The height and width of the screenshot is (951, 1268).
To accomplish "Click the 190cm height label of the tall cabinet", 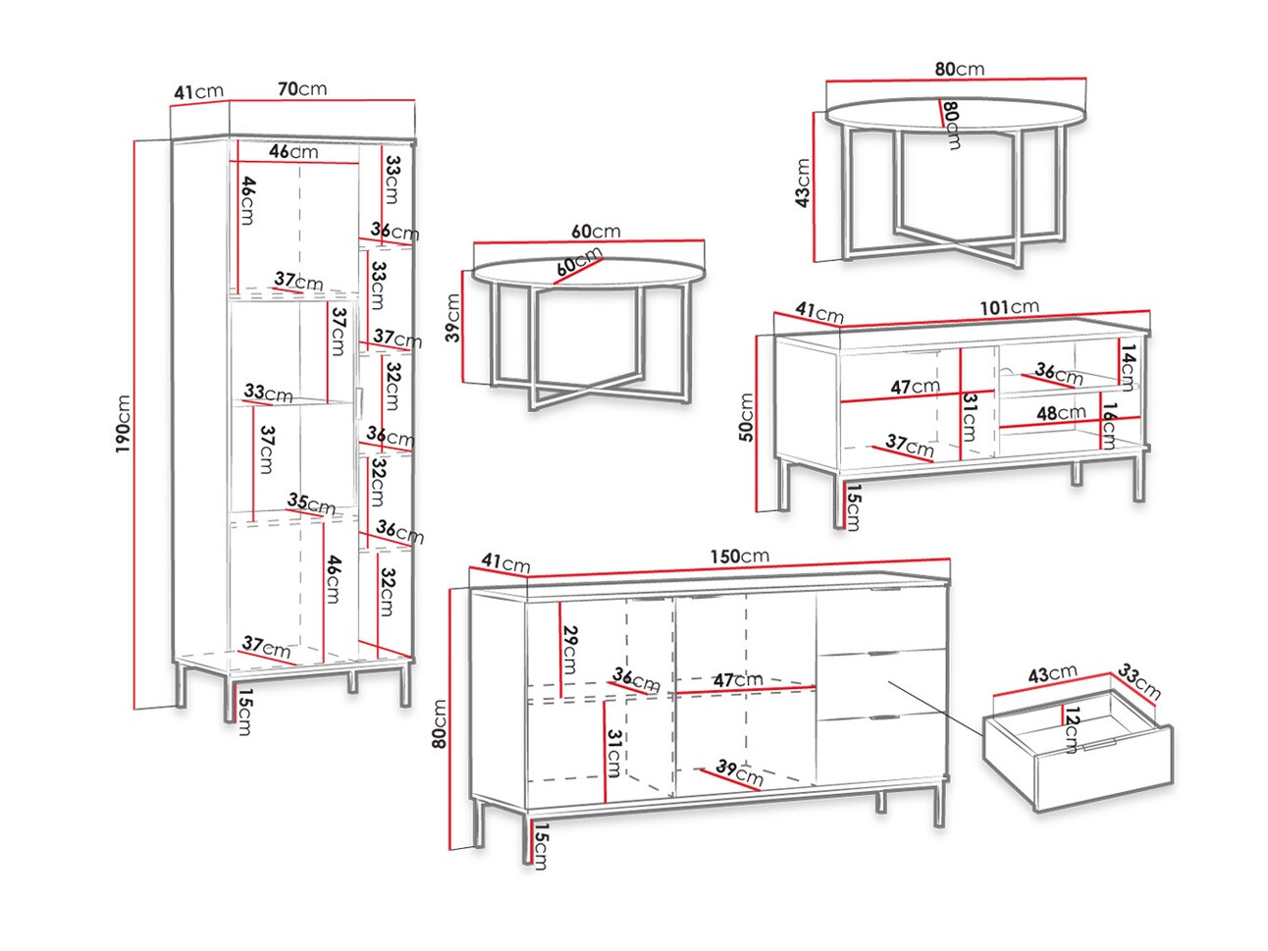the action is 123,424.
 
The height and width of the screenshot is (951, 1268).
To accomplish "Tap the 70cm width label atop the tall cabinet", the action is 302,89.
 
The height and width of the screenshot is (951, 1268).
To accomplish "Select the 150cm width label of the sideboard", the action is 739,556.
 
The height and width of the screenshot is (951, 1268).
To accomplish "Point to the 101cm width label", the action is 1009,307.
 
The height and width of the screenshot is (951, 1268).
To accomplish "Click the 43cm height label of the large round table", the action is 803,184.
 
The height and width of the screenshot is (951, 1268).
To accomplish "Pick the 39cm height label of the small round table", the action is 452,318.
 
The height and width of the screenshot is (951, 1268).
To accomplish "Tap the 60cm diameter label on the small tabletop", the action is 579,262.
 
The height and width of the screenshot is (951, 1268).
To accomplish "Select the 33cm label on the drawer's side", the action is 1138,682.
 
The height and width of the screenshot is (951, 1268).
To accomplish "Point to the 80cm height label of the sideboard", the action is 440,724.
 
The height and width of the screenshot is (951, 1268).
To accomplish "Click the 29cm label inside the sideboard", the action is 569,650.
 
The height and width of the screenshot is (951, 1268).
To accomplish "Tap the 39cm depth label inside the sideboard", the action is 739,772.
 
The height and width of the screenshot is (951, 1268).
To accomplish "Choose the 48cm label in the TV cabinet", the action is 1061,413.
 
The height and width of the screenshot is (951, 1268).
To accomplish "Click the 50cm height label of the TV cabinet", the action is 746,417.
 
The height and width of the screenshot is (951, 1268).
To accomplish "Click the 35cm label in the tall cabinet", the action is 311,503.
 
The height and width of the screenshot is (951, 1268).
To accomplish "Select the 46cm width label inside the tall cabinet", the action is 293,152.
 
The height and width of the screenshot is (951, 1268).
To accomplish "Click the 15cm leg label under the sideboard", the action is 541,847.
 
